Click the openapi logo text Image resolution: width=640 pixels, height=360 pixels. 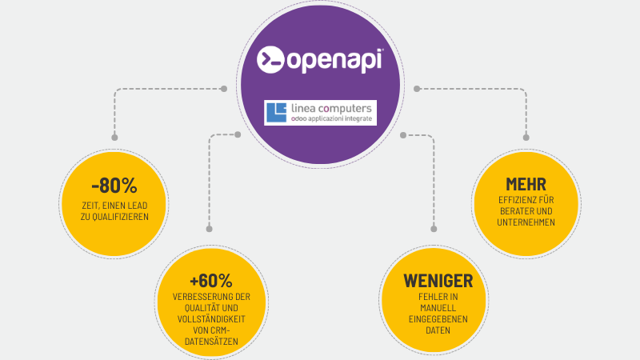pos(333,61)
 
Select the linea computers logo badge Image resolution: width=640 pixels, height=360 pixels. pos(320,112)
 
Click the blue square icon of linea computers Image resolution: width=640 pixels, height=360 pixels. pos(277,112)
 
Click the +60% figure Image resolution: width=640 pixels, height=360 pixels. pos(211,281)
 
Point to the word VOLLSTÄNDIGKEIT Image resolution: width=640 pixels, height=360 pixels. pos(211,318)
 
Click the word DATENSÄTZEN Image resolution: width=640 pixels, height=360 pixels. pos(211,342)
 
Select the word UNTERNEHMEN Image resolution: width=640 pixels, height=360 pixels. pos(525,222)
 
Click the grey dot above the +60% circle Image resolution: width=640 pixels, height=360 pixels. pos(210,229)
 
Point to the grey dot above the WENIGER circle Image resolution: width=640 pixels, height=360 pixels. pos(434,229)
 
